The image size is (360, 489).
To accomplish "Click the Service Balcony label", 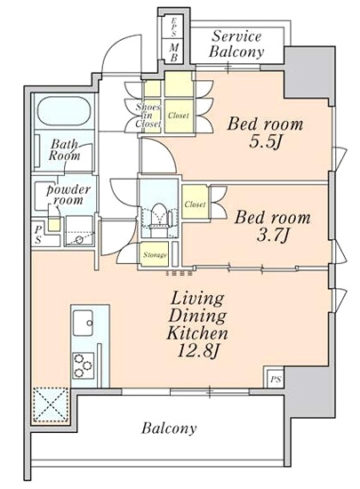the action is coord(236,44).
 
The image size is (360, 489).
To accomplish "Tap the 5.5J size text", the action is coord(265,142).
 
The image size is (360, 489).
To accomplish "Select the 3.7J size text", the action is coord(272,236).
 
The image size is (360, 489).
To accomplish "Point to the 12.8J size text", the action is coord(198,351).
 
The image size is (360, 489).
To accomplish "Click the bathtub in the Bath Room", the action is coord(64,111).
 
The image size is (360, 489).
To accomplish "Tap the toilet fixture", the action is coord(159,216).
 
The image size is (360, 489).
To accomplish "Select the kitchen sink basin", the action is coord(83,323).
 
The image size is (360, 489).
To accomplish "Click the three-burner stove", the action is coord(84,365).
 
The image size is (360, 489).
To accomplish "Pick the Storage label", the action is coord(155,255).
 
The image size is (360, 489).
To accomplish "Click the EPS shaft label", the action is coord(174,26).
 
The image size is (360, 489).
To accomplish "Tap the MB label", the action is coord(174,52).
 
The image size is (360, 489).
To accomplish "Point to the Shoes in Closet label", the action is coord(148,116).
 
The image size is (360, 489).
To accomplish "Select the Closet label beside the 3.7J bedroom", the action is coord(196,204).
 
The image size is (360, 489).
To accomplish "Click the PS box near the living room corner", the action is coord(276,379).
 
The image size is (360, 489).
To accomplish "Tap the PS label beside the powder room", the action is coord(38,235).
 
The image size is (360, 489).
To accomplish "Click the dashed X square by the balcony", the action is coord(51,405).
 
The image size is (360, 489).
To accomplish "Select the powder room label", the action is coord(68,195).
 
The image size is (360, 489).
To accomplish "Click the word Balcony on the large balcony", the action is coord(169,429).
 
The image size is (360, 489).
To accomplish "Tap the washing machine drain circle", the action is coord(79,239).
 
